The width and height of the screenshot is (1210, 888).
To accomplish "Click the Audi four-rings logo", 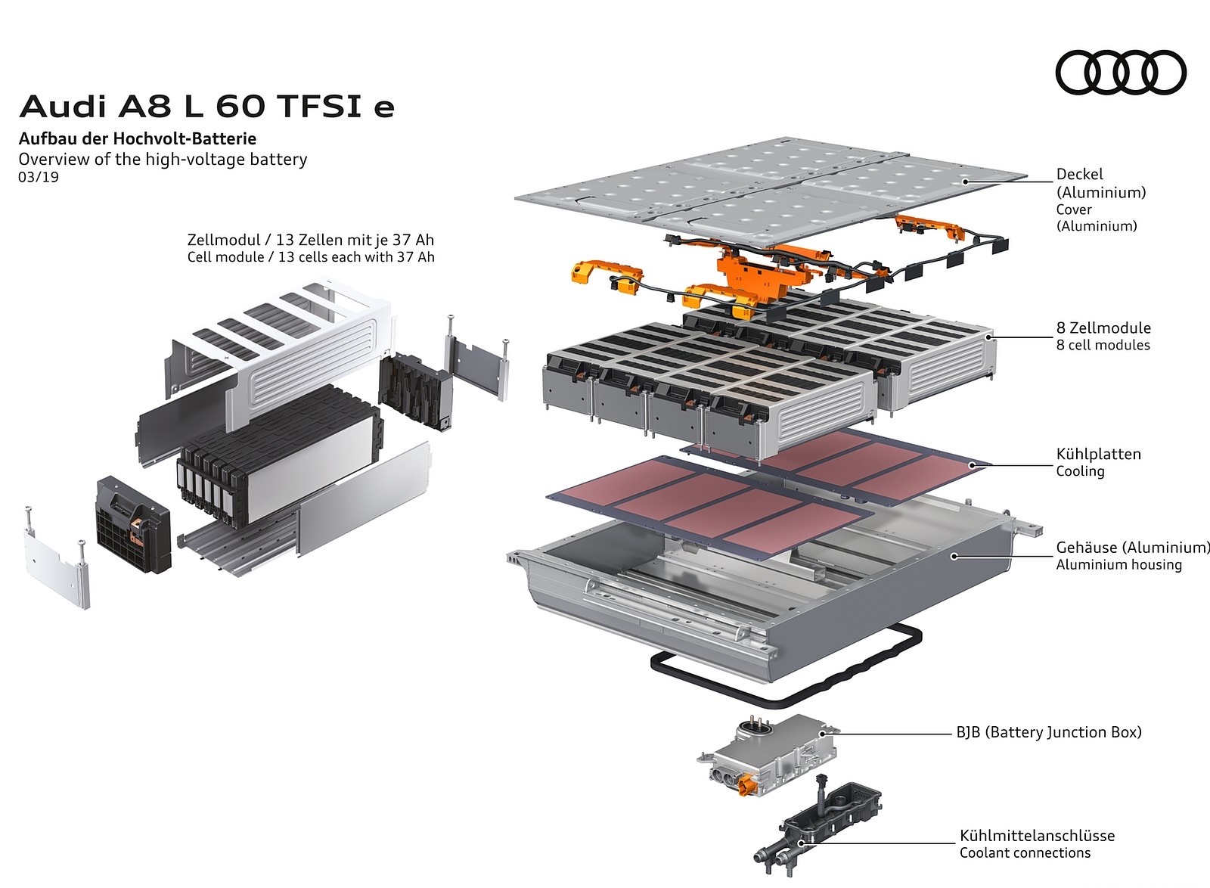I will pos(1120,73).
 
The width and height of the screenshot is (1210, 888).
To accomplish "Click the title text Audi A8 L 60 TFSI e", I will pos(206,107).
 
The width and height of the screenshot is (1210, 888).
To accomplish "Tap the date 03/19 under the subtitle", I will pos(39,178).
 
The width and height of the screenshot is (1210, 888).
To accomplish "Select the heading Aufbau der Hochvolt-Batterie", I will pos(137,139).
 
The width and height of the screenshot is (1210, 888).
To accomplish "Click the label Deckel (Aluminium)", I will pos(1100,183).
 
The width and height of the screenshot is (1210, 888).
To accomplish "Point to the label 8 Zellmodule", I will pos(1103,328).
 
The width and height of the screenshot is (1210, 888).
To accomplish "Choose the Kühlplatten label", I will pos(1098,455).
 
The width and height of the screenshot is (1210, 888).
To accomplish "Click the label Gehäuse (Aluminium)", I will pos(1132,548).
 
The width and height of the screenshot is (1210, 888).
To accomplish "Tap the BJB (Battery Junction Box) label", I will pos(1048,732).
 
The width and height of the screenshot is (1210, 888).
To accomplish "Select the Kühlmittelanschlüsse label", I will pos(1037,836).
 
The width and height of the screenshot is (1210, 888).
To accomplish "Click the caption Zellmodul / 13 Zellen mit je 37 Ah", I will pos(311,240).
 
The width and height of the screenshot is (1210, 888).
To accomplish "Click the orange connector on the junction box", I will pos(751,787).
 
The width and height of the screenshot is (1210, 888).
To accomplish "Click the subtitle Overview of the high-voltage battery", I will pos(163,160).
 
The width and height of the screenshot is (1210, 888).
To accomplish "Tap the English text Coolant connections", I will pos(1025,853).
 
